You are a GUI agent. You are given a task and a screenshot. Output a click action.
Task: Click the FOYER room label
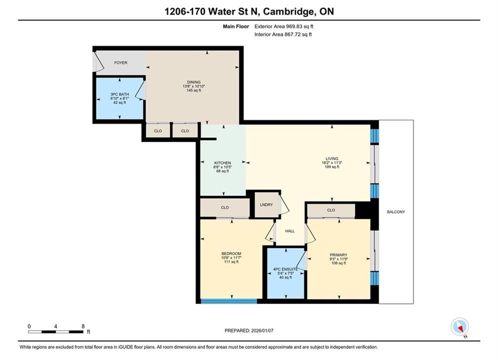[x=121, y=63]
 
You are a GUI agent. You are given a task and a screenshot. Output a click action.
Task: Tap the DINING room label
[x=194, y=82]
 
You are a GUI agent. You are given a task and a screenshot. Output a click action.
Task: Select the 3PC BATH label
[x=120, y=94]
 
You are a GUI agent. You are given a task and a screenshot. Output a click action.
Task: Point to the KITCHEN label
[x=222, y=163]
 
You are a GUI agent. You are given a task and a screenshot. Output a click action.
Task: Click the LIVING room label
[x=332, y=158]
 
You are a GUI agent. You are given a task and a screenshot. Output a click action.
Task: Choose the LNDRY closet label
[x=266, y=205]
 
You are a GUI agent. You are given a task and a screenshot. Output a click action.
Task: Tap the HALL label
[x=290, y=231]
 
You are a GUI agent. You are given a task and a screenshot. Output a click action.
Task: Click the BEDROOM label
[x=231, y=253]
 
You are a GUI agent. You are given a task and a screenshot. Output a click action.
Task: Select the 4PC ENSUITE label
[x=285, y=269]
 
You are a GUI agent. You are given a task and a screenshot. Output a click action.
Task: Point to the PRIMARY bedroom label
[x=338, y=255]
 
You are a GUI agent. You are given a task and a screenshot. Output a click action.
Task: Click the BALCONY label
[x=396, y=212]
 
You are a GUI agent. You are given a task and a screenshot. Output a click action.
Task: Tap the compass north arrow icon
[x=459, y=326]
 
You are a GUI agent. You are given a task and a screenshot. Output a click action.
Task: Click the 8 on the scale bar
[x=83, y=326]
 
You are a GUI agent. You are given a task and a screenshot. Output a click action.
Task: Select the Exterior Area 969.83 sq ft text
[x=284, y=26]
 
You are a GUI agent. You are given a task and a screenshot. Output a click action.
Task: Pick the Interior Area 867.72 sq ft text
[x=283, y=34]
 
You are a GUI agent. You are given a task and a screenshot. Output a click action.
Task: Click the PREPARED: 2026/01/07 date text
[x=249, y=330]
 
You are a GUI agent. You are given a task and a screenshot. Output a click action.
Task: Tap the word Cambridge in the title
[x=287, y=11]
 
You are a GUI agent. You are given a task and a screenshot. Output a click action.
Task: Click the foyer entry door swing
[x=99, y=62]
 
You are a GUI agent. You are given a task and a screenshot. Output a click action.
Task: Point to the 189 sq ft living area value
[x=332, y=167]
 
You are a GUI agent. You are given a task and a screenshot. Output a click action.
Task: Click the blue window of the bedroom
[x=229, y=301]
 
